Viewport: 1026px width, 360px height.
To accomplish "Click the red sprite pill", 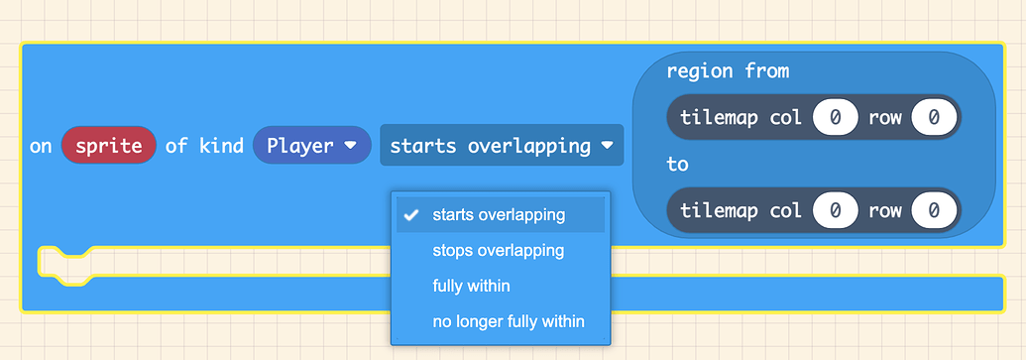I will pos(108,146).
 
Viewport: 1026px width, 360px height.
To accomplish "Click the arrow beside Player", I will pos(350,146).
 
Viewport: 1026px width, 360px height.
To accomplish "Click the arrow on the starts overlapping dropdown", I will pos(607,146).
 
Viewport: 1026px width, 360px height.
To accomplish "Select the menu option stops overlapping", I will pos(498,250).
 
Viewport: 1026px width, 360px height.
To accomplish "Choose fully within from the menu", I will pos(471,286).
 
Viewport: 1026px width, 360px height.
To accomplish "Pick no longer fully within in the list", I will pos(508,321).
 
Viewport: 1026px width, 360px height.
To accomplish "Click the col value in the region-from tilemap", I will pos(836,117).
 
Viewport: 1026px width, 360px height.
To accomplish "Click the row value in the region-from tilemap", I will pos(935,117).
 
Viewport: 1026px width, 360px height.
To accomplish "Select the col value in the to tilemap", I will pos(836,210).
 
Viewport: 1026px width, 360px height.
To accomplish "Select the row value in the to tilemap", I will pos(935,210).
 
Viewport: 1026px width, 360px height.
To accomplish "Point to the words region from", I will pos(728,71).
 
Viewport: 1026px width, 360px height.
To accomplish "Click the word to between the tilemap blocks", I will pos(677,164).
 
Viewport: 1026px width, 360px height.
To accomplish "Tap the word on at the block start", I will pos(41,146).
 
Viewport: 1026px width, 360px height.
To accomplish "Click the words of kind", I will pos(204,146).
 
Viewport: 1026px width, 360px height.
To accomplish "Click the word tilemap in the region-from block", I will pos(719,117).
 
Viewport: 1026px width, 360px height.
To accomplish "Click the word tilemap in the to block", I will pos(719,210).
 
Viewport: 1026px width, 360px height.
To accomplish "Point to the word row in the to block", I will pos(885,210).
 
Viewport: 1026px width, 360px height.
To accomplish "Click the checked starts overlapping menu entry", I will pos(499,215).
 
